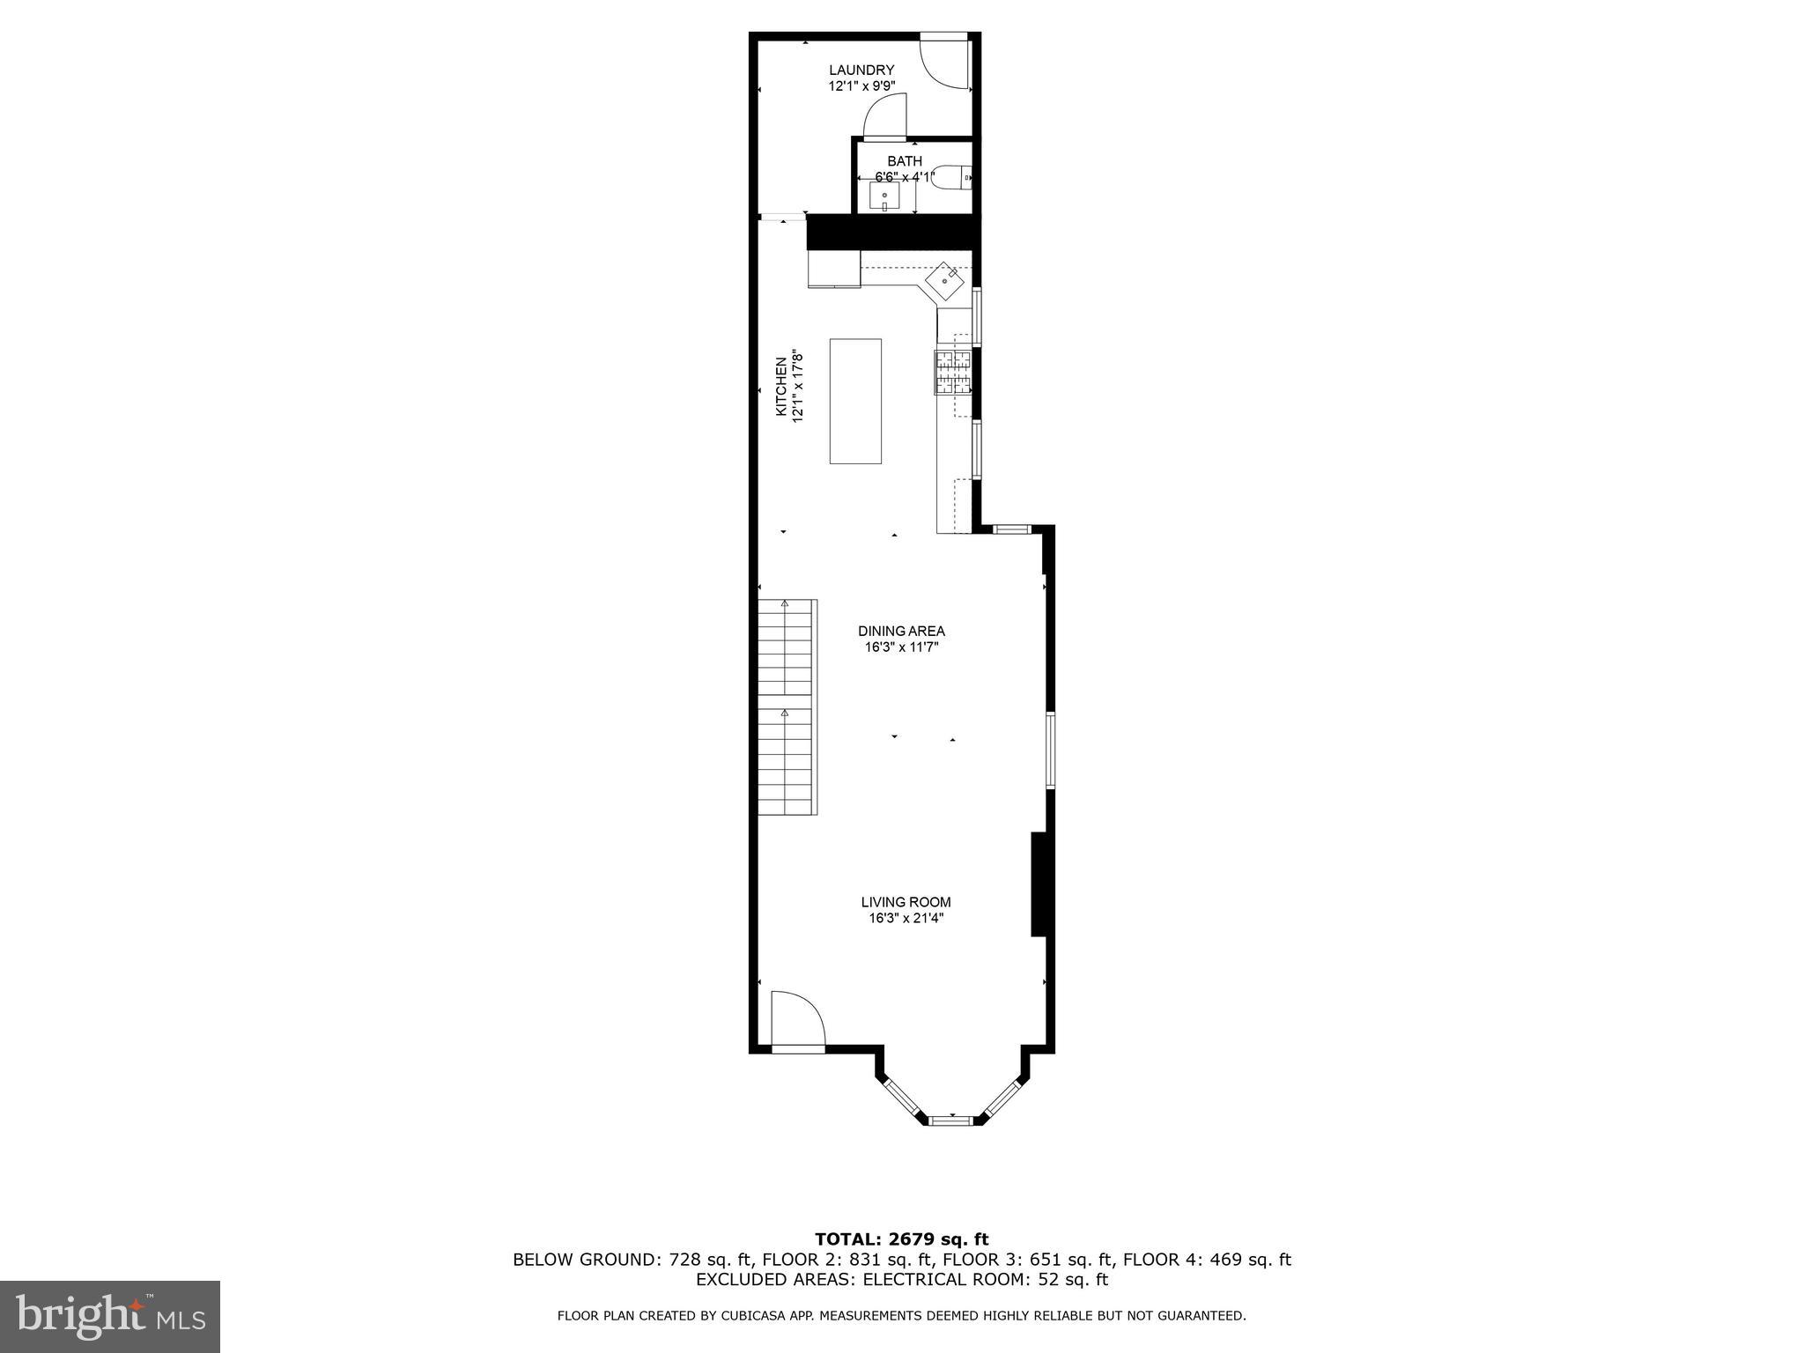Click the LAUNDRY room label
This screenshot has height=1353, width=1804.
(861, 70)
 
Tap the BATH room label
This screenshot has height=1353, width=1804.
(905, 161)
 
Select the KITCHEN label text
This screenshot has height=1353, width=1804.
(780, 387)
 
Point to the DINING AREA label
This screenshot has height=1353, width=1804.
(901, 631)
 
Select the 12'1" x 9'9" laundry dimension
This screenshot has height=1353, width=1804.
(861, 86)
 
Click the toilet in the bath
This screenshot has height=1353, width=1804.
(952, 178)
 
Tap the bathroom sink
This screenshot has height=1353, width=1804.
(884, 196)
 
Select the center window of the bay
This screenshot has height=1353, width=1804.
(951, 1120)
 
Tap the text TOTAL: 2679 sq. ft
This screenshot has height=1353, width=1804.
(901, 1239)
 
